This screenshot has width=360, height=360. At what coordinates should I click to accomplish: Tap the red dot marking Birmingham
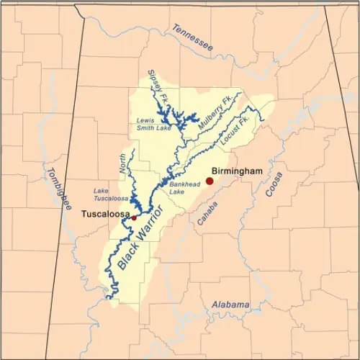tap(210, 181)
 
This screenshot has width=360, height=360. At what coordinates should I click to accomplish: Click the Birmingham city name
tap(237, 171)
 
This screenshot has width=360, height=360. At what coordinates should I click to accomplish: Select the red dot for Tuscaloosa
tap(134, 217)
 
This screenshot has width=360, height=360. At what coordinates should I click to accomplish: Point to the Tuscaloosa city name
tap(104, 214)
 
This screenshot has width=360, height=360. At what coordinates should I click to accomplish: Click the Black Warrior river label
tap(141, 238)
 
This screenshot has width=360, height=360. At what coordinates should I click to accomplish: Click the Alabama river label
tap(230, 304)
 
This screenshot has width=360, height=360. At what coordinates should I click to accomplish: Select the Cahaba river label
tap(210, 210)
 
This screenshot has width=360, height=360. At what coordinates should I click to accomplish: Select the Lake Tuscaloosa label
tap(110, 194)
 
